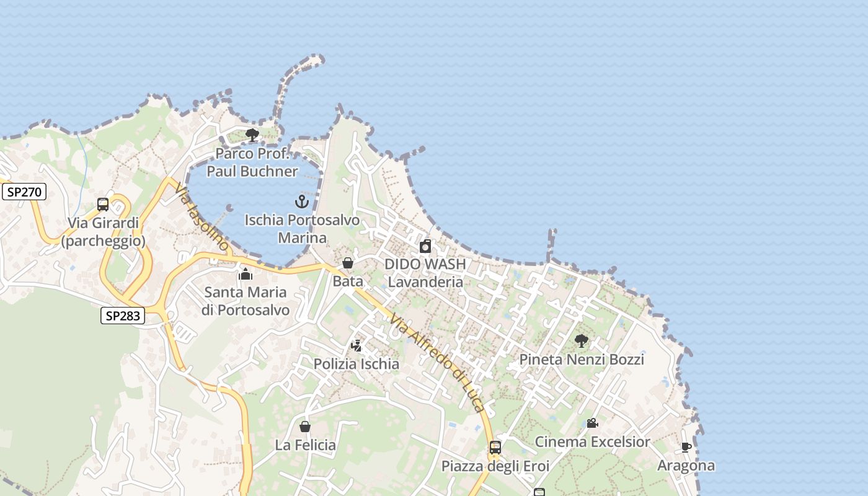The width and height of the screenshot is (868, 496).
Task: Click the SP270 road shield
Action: click(24, 192)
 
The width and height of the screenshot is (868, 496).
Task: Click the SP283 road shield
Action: click(122, 316)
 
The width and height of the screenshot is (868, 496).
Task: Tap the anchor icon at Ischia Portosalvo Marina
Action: click(301, 201)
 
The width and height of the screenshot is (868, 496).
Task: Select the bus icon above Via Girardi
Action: click(103, 205)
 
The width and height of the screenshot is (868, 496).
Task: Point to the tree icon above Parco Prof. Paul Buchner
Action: click(252, 135)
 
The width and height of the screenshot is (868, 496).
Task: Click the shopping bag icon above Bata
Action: click(348, 263)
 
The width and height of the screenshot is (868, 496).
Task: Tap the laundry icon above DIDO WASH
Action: click(425, 246)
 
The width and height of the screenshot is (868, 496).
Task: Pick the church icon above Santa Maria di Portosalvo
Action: click(245, 273)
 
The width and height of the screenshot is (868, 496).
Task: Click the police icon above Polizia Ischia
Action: click(356, 345)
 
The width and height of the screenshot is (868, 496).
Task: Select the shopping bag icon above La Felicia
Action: click(305, 427)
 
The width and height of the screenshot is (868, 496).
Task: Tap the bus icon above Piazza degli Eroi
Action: click(495, 447)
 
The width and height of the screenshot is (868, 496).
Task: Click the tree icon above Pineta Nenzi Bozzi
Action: click(581, 340)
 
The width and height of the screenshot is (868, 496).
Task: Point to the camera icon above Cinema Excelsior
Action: click(592, 423)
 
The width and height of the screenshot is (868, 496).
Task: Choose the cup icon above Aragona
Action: click(686, 447)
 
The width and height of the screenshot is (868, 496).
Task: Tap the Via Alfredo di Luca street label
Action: click(436, 362)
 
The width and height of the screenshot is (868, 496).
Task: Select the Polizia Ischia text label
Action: click(356, 364)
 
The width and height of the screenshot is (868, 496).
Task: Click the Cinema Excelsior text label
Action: click(592, 442)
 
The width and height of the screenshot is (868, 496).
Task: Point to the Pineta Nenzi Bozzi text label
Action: click(581, 360)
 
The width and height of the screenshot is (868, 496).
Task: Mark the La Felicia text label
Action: click(305, 445)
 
